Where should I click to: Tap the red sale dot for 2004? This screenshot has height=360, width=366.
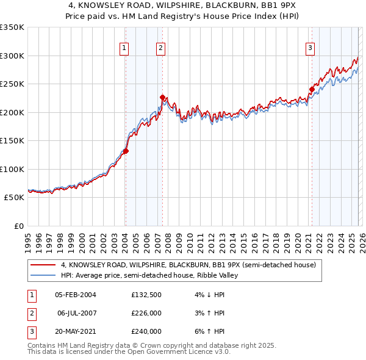click(x=126, y=151)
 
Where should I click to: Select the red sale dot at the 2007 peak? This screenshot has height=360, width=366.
click(x=162, y=97)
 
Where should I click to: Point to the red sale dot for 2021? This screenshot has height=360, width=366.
click(x=312, y=89)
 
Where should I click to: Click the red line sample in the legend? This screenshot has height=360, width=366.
click(x=42, y=265)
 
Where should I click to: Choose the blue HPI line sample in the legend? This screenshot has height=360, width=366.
click(x=42, y=276)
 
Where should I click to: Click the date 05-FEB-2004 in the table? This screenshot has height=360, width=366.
click(x=75, y=295)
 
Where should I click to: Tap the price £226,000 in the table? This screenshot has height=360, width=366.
click(x=146, y=313)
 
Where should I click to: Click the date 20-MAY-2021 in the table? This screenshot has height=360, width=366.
click(x=75, y=331)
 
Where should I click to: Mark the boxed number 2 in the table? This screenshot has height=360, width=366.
click(x=30, y=313)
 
